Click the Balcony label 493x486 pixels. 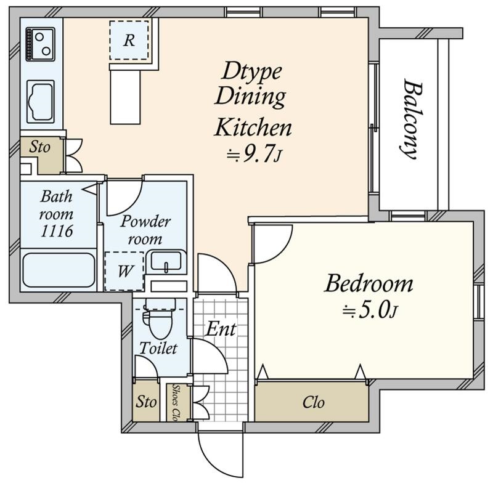412,119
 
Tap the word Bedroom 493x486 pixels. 368,284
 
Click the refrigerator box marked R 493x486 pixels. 129,40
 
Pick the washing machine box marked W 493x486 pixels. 124,270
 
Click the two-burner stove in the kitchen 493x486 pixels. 40,44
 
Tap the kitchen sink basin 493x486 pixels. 40,102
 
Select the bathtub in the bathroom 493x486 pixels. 59,270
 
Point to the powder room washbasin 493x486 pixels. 166,262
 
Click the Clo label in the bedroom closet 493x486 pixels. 313,402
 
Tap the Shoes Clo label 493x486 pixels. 177,403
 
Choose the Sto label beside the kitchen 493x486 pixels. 39,147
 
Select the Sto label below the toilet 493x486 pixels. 146,402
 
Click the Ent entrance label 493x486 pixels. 221,329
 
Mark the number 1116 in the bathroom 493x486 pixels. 57,231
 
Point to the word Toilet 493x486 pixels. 158,348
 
